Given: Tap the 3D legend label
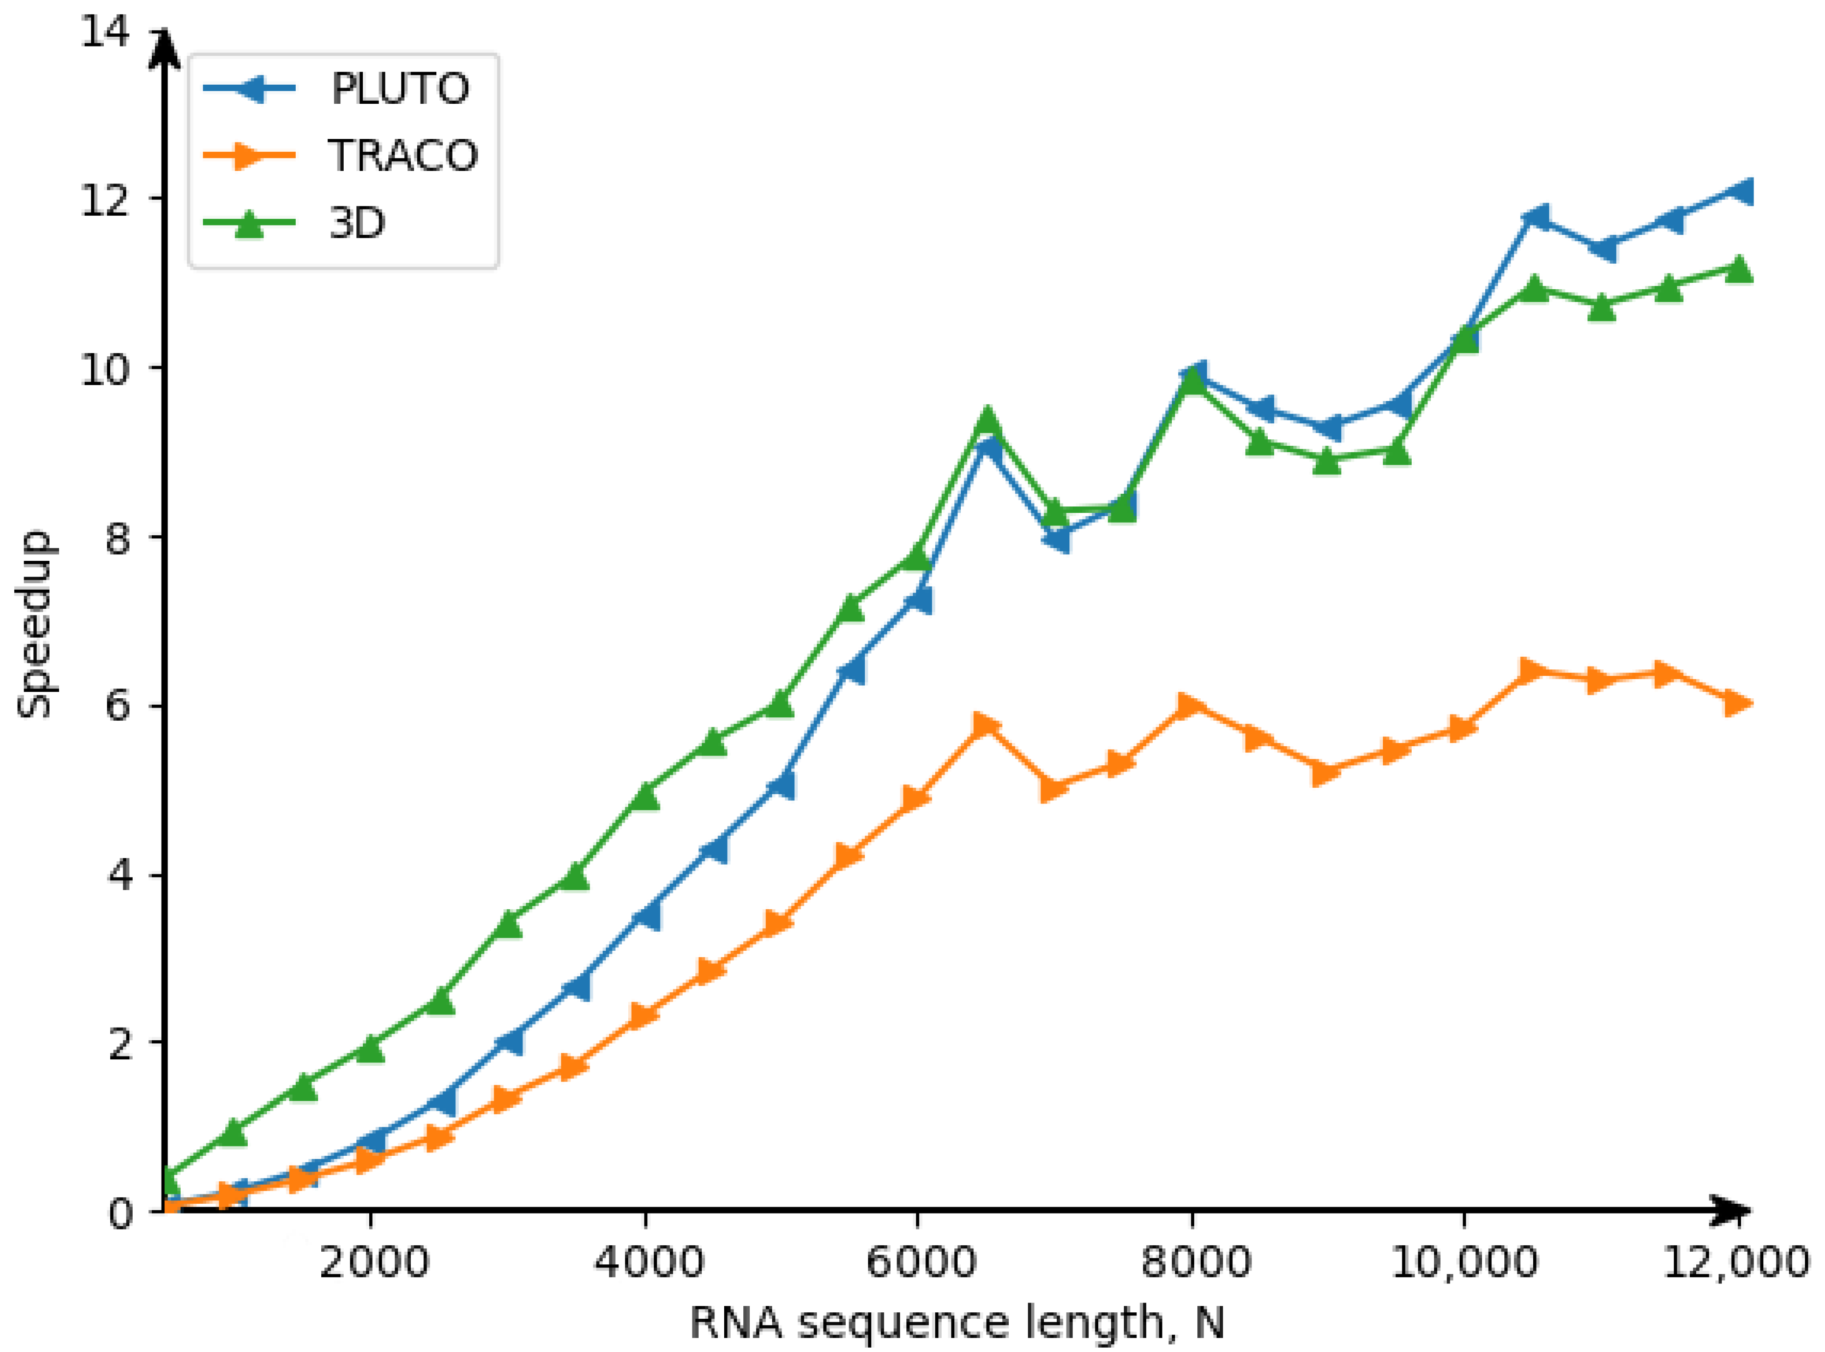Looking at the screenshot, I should click(x=357, y=223).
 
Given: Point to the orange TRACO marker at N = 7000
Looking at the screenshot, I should click(x=1055, y=789).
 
